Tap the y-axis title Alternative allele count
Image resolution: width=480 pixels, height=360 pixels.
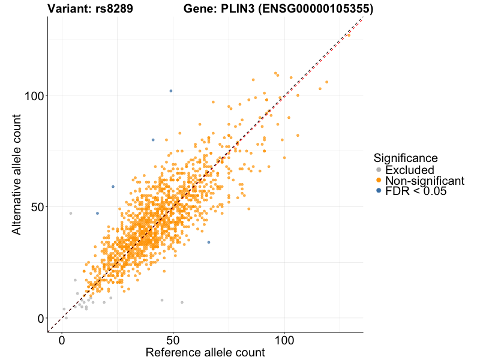click(x=18, y=175)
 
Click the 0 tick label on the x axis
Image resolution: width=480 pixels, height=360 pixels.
click(x=62, y=340)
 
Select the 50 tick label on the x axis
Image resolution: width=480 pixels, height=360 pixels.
click(x=173, y=340)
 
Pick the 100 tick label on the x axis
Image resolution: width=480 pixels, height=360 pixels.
click(x=284, y=340)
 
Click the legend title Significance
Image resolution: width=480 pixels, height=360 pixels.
click(x=405, y=158)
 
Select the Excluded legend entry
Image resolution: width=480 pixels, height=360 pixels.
click(x=409, y=170)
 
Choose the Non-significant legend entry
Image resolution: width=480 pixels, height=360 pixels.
click(x=424, y=181)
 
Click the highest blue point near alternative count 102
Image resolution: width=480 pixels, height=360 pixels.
click(x=171, y=91)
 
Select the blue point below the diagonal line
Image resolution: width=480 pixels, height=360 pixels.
click(x=209, y=242)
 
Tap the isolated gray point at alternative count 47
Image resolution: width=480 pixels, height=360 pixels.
click(x=71, y=214)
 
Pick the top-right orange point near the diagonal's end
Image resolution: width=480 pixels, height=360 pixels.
click(x=349, y=35)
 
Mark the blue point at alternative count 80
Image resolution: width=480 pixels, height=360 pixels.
click(x=153, y=140)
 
